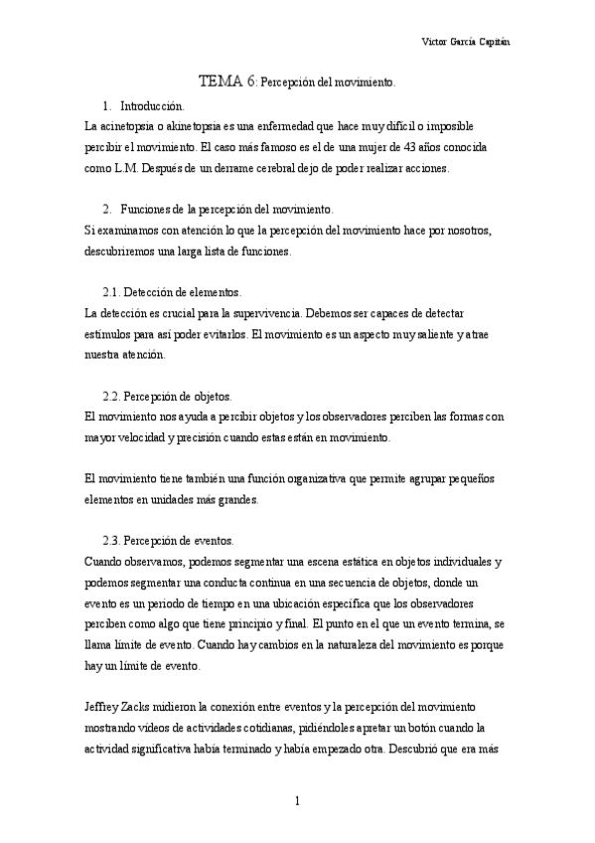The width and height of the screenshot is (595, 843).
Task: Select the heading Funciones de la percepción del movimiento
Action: tap(226, 210)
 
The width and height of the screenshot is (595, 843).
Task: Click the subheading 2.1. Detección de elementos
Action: tap(171, 292)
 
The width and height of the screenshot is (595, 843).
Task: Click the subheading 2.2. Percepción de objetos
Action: tap(167, 396)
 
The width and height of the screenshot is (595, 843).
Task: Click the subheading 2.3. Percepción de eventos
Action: tap(168, 541)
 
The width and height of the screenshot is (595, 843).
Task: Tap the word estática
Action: tap(311, 562)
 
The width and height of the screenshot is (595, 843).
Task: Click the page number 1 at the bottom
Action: tap(297, 801)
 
